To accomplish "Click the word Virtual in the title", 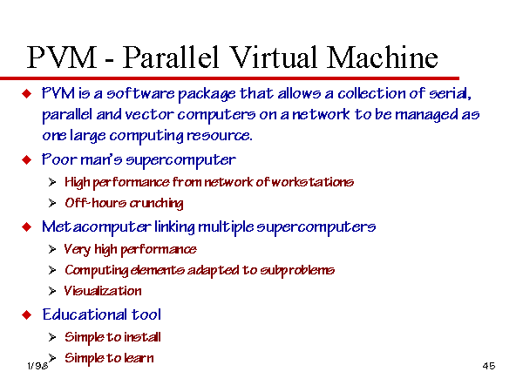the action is point(273,57).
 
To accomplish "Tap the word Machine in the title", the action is point(383,57).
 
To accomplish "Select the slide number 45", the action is point(489,366).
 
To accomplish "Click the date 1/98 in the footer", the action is point(37,366).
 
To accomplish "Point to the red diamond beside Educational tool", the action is point(27,315).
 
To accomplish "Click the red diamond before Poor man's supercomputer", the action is point(27,160).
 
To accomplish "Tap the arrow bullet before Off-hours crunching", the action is point(52,203).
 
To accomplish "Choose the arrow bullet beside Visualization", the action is point(52,291).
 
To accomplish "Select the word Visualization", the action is point(103,291).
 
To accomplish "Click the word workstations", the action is point(313,182).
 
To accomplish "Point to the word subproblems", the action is point(297,270).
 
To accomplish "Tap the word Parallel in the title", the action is point(171,58).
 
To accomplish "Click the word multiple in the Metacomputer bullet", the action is point(226,227).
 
